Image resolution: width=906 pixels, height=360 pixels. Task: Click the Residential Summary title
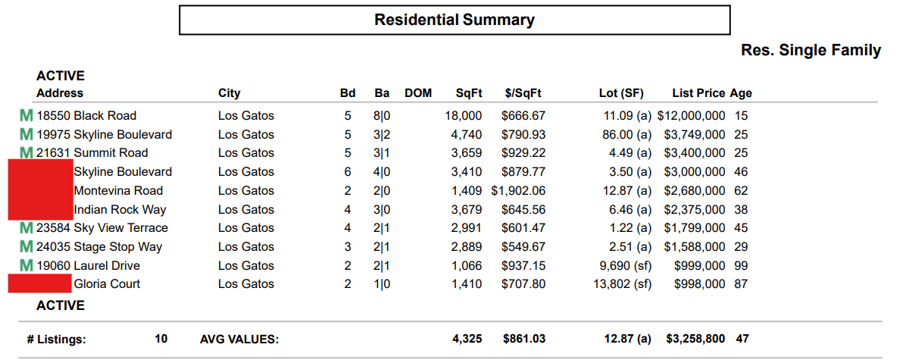click(x=455, y=20)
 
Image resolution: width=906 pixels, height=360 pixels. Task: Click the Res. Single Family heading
click(x=811, y=51)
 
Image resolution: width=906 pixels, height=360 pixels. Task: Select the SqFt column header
click(x=469, y=93)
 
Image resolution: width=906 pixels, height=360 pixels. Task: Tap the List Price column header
click(x=698, y=93)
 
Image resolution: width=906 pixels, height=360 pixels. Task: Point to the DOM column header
click(x=418, y=93)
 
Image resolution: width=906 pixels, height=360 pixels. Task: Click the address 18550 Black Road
click(x=86, y=116)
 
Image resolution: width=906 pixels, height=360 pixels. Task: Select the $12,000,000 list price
click(x=691, y=116)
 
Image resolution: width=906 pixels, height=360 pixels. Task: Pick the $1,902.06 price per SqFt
click(x=518, y=191)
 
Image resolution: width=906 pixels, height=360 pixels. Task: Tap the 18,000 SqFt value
click(x=463, y=116)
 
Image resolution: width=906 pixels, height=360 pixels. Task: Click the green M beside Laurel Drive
click(x=27, y=266)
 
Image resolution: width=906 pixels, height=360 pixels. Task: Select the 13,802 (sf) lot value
click(x=620, y=284)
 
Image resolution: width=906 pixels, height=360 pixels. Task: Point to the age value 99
click(x=741, y=266)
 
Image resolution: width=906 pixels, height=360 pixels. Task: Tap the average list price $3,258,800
click(x=695, y=339)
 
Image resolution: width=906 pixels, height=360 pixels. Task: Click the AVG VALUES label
click(x=239, y=340)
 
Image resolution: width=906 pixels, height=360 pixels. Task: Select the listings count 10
click(x=161, y=339)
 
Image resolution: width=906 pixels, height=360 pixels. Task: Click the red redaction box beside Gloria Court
click(x=39, y=284)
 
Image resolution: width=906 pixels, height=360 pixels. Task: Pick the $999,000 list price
click(x=699, y=266)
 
